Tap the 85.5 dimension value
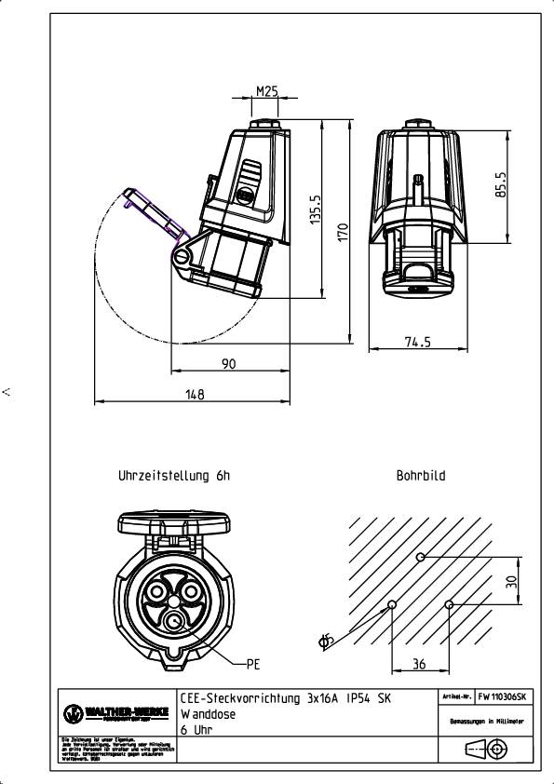coord(500,186)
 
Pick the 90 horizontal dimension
coord(229,364)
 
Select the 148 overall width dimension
coord(194,395)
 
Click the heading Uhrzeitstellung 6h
coord(173,476)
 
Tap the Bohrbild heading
coord(421,476)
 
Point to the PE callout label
coord(252,665)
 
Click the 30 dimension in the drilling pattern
coord(510,580)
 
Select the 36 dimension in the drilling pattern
coord(420,664)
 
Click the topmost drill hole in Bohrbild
coord(421,557)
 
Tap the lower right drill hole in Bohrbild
coord(450,604)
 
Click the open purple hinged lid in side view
coord(153,213)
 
